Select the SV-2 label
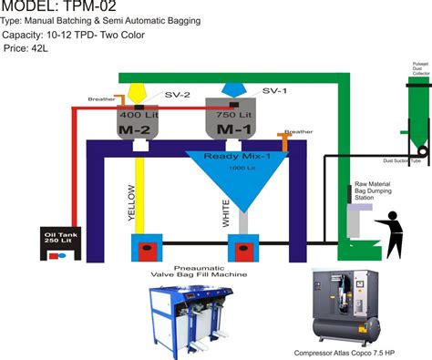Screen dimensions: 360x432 coord(159,94)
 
